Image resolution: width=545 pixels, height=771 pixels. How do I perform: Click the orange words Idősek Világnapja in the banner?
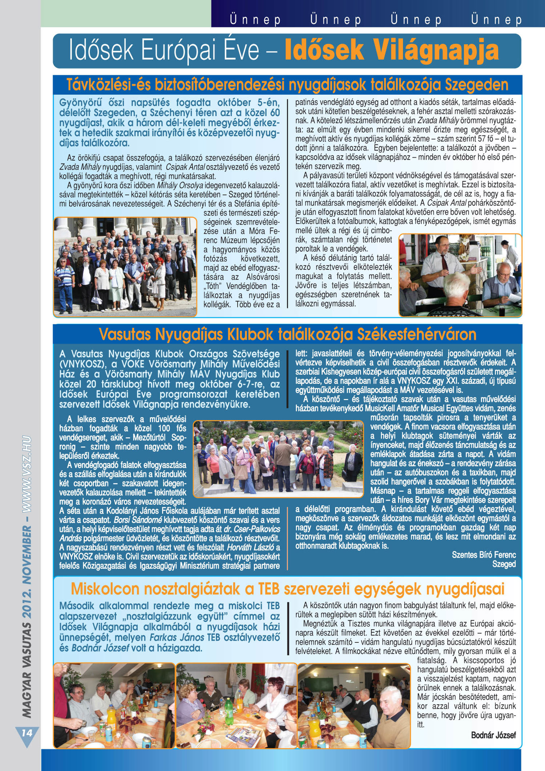[x=391, y=51]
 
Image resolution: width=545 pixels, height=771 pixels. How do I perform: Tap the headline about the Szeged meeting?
[x=287, y=85]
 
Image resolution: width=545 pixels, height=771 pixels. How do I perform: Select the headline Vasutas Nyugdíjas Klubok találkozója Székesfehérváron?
[x=287, y=334]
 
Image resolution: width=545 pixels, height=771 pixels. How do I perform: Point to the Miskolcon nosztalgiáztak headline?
[x=287, y=589]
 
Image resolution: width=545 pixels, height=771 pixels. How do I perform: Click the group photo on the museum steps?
[x=125, y=266]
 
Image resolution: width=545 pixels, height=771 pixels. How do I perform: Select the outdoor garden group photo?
[x=278, y=459]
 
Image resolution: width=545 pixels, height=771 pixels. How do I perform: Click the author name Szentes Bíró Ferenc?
[x=484, y=555]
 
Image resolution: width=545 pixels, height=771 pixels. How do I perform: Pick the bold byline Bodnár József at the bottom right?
[x=493, y=735]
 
